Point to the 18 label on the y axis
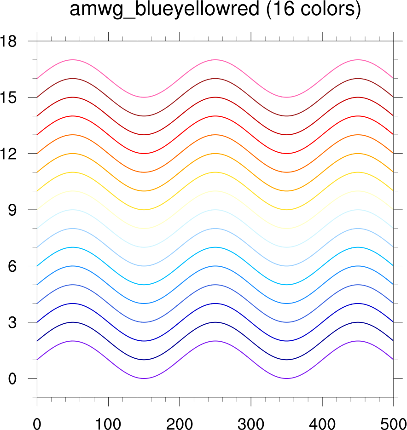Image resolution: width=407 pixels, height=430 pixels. click(x=9, y=41)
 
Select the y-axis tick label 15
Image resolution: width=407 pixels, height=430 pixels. click(x=9, y=97)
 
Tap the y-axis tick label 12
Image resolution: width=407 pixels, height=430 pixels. click(x=9, y=154)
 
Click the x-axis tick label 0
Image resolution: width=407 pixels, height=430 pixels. click(x=37, y=421)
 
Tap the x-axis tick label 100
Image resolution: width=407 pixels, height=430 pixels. click(x=108, y=421)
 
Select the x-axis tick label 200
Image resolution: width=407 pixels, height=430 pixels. click(x=180, y=421)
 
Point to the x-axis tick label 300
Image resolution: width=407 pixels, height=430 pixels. click(x=251, y=421)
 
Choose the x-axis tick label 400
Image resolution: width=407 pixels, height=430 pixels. click(x=322, y=421)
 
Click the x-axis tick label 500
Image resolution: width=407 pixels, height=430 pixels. click(x=393, y=421)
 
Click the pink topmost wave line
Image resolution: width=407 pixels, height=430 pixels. click(x=72, y=60)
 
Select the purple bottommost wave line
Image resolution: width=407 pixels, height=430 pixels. click(x=72, y=341)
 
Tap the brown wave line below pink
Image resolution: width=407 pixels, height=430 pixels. click(x=72, y=79)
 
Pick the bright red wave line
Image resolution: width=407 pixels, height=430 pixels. click(x=72, y=116)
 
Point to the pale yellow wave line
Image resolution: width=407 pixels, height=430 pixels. click(x=72, y=191)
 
